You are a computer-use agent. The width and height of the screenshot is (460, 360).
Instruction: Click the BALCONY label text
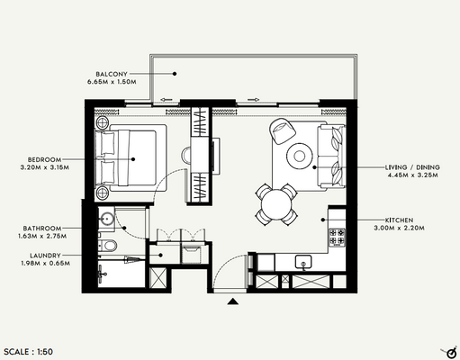(x=115, y=72)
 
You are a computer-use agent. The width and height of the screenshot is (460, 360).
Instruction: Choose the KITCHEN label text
(x=400, y=220)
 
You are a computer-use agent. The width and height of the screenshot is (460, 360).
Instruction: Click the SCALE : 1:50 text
(x=33, y=349)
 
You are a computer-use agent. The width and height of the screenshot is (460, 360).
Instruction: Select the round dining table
(x=276, y=202)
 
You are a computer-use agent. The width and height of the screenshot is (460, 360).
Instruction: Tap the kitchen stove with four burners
(x=338, y=238)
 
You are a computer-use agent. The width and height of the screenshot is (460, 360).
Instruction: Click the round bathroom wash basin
(x=107, y=217)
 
